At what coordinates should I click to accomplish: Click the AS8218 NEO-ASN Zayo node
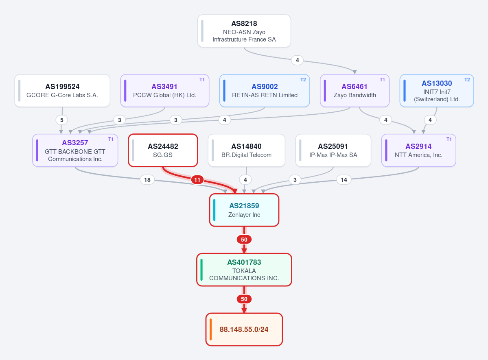(x=244, y=31)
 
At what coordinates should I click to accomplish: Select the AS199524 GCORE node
(x=62, y=91)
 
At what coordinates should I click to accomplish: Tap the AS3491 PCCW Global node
(x=165, y=91)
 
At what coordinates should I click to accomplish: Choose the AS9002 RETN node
(x=265, y=91)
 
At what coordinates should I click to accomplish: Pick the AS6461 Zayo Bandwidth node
(x=355, y=91)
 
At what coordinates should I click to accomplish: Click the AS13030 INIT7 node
(x=437, y=91)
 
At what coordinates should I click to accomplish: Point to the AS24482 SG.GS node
(x=163, y=150)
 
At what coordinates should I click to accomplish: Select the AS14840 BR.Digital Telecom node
(x=247, y=150)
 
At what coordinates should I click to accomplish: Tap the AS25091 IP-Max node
(x=333, y=150)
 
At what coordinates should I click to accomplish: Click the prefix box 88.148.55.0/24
(x=244, y=329)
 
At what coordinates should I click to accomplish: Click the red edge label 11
(x=197, y=180)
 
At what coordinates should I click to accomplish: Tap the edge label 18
(x=147, y=180)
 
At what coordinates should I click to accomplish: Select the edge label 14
(x=344, y=180)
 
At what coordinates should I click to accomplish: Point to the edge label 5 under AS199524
(x=61, y=120)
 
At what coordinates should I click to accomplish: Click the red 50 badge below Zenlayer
(x=244, y=240)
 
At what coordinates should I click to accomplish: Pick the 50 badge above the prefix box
(x=244, y=299)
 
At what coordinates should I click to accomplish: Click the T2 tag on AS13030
(x=467, y=80)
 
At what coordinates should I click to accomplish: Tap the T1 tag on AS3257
(x=111, y=139)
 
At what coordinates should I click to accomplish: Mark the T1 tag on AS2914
(x=449, y=139)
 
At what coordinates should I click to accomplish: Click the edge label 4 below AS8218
(x=297, y=60)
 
